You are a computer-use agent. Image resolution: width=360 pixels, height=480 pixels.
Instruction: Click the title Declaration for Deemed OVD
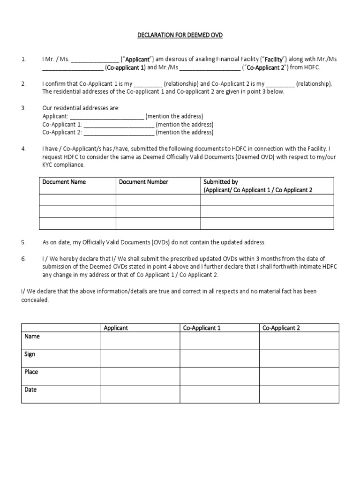coord(180,35)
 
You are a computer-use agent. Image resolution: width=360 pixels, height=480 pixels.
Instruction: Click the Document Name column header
coord(64,182)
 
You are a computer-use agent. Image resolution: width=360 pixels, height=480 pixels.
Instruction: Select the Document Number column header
coord(143,182)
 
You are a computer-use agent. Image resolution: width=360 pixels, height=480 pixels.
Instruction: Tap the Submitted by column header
coord(217,182)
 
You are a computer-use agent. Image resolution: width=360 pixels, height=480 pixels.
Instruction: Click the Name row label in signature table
coord(32,337)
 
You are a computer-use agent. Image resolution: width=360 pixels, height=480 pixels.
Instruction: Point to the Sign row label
coord(30,354)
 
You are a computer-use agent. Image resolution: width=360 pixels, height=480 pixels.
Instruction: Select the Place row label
coord(31,372)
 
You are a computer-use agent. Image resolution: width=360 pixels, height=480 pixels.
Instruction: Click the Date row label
coord(30,390)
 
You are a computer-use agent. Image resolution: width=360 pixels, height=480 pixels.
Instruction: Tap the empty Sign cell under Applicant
coord(140,359)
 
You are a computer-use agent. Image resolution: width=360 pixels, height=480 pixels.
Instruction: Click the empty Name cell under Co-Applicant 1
coord(219,341)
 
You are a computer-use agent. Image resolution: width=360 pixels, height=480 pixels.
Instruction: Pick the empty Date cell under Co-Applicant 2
coord(299,394)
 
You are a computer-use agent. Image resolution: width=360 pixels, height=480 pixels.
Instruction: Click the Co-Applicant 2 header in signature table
coord(281,328)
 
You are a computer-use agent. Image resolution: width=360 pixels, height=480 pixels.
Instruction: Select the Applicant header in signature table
coord(116,328)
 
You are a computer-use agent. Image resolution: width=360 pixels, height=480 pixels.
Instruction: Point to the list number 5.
coord(23,242)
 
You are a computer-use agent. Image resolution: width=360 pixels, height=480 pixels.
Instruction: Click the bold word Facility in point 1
coord(274,60)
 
